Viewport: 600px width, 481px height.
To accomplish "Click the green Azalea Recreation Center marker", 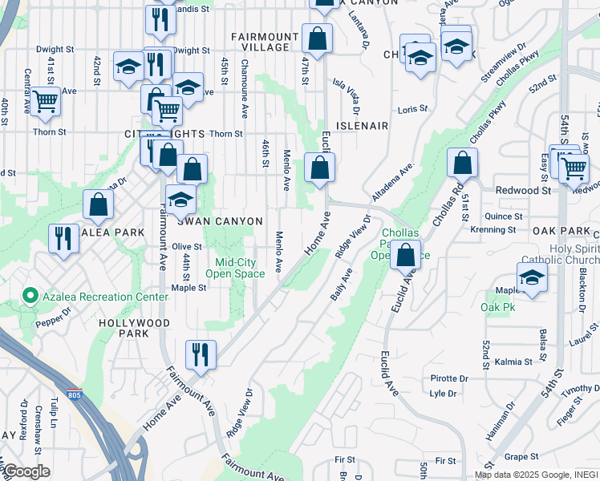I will point(30,297).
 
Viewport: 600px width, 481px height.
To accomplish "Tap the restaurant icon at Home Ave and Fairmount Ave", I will point(201,354).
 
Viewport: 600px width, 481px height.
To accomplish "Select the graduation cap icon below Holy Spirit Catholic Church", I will point(530,277).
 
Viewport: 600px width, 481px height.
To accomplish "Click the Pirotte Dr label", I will point(449,378).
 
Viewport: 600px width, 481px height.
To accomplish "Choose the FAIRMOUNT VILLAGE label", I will point(259,42).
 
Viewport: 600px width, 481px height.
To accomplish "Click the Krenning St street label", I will point(494,229).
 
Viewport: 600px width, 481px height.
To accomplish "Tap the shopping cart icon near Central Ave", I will point(45,101).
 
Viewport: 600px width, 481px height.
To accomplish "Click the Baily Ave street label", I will point(342,285).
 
